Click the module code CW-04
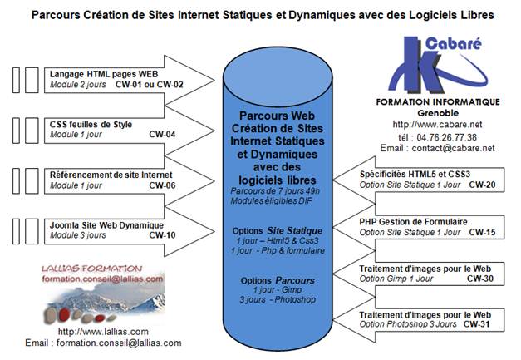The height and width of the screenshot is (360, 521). coord(162,135)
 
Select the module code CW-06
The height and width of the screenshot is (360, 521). coord(162,185)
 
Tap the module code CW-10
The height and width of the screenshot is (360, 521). coord(162,235)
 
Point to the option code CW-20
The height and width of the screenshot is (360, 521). coord(482,185)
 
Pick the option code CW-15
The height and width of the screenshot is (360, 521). coord(482,232)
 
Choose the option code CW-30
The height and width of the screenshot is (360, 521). coord(480,279)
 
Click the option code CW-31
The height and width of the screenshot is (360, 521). coord(476,324)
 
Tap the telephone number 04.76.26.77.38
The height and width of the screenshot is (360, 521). coord(446,137)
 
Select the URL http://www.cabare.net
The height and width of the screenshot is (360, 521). coord(437,125)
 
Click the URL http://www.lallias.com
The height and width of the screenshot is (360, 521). coord(103,332)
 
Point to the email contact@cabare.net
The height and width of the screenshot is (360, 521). coord(453,148)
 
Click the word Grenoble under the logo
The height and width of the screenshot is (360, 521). coord(438,113)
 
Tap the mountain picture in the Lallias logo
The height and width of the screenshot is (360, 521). coord(104,302)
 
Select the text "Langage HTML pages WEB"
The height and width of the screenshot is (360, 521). coord(104,74)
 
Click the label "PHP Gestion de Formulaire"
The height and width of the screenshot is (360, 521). coord(413,222)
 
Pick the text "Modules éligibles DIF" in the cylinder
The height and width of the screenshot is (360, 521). coord(271,200)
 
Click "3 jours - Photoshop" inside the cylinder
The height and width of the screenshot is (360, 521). coord(278,299)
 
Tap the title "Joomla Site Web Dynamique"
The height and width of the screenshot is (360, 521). coord(106,225)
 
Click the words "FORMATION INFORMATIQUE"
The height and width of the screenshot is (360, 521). coord(438,101)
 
